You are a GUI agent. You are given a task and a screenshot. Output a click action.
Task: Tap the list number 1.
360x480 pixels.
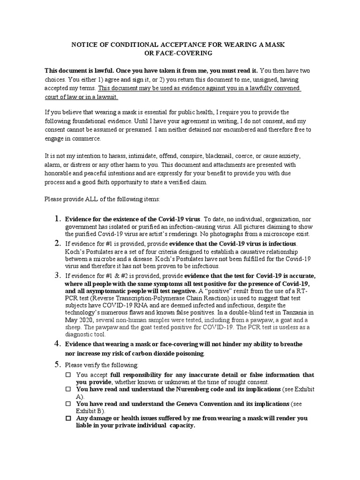point(57,219)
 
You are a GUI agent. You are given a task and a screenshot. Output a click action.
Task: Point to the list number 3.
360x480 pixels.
point(57,274)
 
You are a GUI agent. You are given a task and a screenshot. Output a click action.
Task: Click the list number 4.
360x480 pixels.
point(57,344)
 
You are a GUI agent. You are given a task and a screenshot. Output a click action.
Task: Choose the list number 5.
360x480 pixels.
point(57,364)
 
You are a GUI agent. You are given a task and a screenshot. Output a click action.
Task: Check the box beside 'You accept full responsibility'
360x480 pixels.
point(68,375)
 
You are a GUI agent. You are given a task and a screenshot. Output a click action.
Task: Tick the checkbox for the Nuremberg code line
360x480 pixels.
point(68,390)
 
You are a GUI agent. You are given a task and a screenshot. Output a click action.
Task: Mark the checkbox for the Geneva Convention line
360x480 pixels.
point(68,404)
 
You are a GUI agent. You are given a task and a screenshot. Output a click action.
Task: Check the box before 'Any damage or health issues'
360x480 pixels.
point(68,418)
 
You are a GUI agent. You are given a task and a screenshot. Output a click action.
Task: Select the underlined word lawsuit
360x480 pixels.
point(106,97)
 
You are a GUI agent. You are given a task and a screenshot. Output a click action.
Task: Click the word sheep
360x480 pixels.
point(73,327)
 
